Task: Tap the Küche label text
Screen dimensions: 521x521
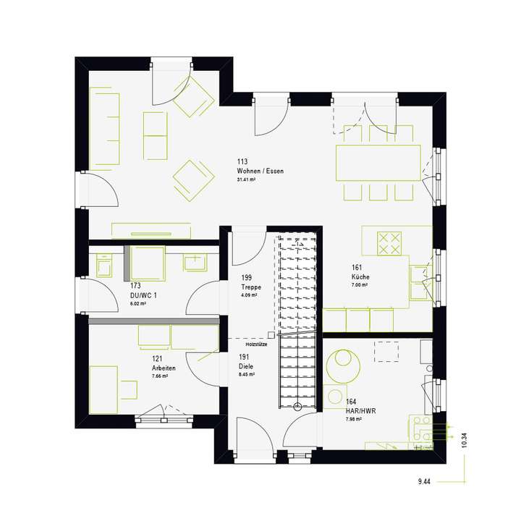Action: [360, 277]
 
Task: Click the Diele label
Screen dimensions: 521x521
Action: [247, 366]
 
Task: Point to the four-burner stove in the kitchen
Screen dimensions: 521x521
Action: [390, 242]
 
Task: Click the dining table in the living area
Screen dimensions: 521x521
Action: [378, 163]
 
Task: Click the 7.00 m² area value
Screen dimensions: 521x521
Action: [360, 286]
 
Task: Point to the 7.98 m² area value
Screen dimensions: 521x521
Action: [355, 420]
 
